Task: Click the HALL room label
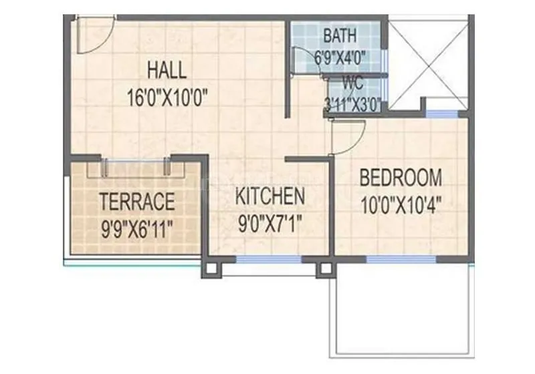pyautogui.click(x=167, y=69)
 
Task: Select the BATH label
pyautogui.click(x=340, y=35)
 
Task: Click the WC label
pyautogui.click(x=353, y=84)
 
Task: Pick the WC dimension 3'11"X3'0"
pyautogui.click(x=352, y=104)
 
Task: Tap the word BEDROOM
pyautogui.click(x=401, y=178)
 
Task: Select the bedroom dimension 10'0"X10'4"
pyautogui.click(x=401, y=202)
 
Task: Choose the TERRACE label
pyautogui.click(x=137, y=201)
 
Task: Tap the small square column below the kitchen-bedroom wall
pyautogui.click(x=326, y=268)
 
